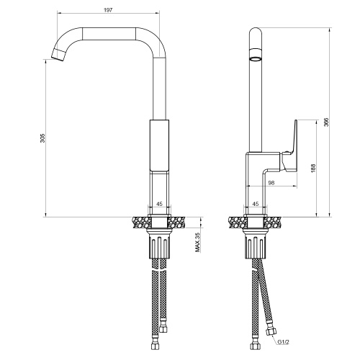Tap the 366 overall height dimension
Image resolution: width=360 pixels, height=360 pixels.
pos(326,122)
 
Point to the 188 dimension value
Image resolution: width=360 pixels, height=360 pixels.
pos(312,167)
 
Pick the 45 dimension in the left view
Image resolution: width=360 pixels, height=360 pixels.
pos(159,204)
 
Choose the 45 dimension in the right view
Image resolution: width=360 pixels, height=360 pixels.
pos(256,204)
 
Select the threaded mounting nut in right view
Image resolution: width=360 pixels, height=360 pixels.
pos(256,247)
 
